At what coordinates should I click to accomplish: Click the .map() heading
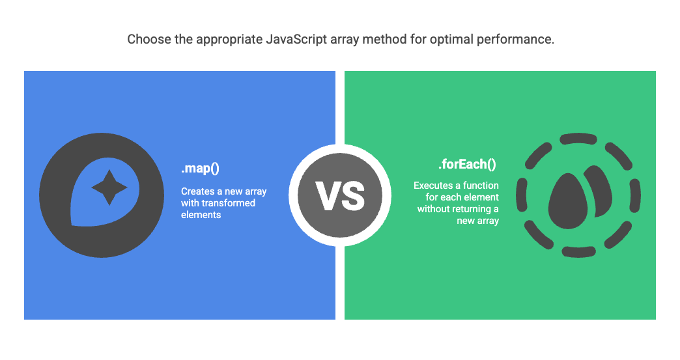pos(200,169)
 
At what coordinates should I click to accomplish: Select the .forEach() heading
pos(466,164)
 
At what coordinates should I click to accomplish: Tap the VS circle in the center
pos(340,195)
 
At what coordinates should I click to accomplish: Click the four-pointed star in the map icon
pos(109,187)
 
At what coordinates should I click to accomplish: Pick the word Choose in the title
pos(147,40)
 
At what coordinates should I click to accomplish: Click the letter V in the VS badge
pos(328,195)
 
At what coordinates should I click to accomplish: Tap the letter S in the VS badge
pos(352,195)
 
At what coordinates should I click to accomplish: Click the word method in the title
pos(376,40)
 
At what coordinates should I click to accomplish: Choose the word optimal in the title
pos(453,40)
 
